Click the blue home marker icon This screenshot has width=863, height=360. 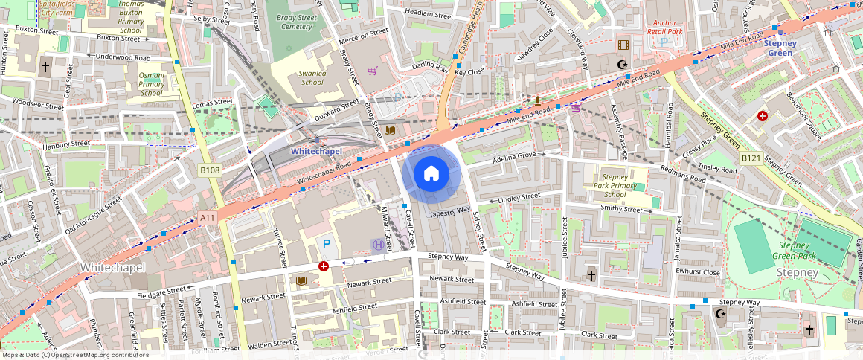click(431, 173)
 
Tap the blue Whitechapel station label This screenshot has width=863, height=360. click(316, 151)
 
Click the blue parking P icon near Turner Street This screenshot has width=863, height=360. click(326, 243)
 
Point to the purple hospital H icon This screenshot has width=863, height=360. click(378, 244)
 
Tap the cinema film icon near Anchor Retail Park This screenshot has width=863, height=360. click(622, 45)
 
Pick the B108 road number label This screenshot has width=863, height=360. click(210, 170)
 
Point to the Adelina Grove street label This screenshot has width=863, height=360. click(515, 158)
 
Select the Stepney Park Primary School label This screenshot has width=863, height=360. click(615, 185)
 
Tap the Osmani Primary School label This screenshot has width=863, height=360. click(152, 84)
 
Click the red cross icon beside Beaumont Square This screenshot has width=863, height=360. click(762, 116)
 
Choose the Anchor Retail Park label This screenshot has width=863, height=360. click(664, 28)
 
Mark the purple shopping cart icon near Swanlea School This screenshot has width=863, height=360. click(372, 71)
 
